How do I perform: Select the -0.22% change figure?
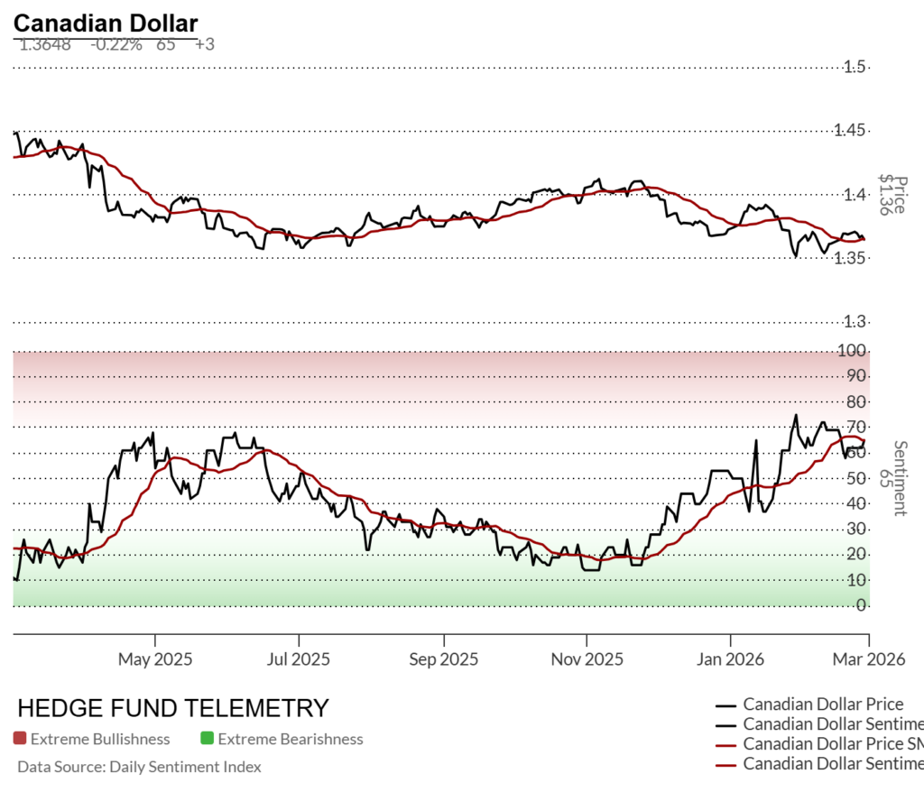(x=116, y=44)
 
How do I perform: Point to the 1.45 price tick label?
(x=854, y=131)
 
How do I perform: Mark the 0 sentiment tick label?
(x=863, y=605)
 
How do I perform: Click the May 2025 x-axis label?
(x=155, y=659)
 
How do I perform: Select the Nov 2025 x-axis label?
(x=586, y=659)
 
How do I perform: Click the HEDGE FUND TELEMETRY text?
(x=173, y=707)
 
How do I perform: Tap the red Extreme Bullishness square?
(x=20, y=739)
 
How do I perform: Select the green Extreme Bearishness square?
(x=207, y=739)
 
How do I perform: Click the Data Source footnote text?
(x=139, y=767)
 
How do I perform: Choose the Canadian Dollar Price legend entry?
(x=822, y=705)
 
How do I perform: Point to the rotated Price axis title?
(x=894, y=195)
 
